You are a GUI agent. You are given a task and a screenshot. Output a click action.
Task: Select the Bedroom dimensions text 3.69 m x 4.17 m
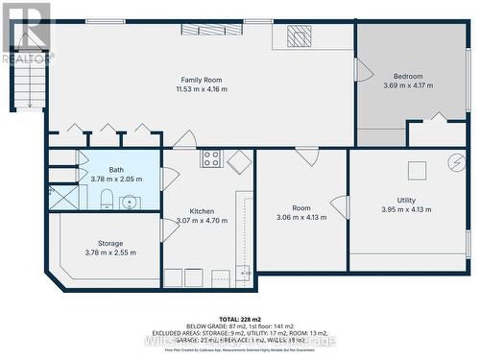pos(408,86)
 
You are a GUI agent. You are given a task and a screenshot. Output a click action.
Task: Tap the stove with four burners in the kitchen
pos(211,159)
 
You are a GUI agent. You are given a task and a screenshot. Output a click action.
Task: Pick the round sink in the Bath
pos(129,202)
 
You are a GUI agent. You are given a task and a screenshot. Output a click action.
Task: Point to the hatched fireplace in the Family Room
pos(300,37)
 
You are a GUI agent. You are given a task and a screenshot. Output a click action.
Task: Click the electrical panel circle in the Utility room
pos(454,164)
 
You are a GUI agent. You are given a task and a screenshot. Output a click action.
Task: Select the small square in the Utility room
pos(418,171)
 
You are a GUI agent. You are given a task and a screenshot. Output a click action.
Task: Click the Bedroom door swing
pos(363,70)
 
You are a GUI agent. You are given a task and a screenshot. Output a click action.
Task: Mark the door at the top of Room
pos(306,155)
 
